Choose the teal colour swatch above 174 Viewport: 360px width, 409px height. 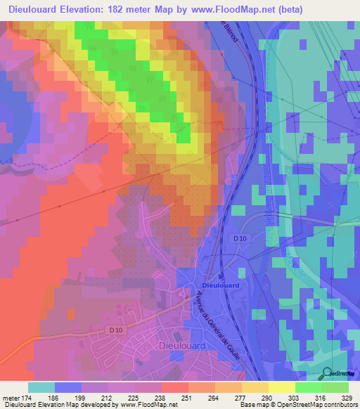[x=41, y=387]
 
